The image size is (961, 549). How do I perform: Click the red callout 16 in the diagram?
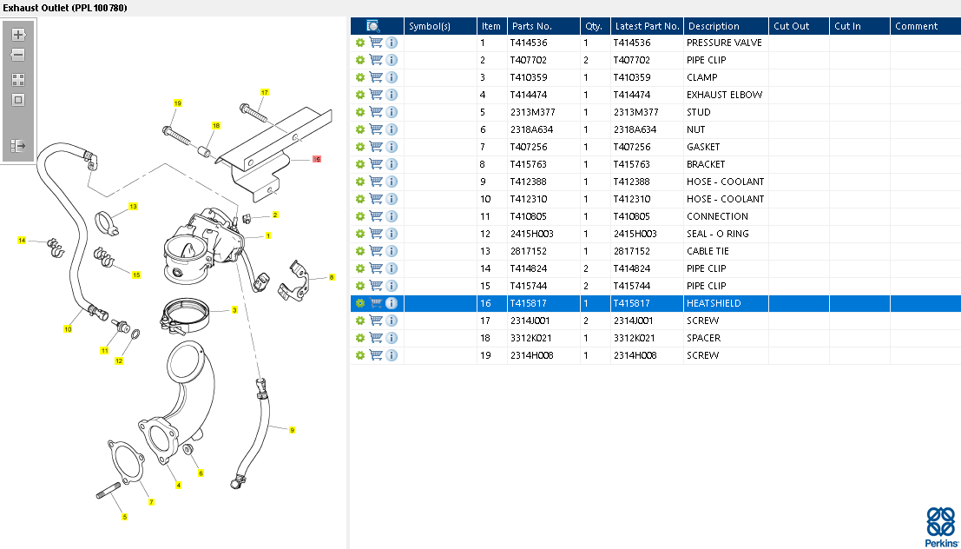317,160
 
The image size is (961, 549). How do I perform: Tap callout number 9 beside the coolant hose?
292,430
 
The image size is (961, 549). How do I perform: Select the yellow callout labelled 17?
264,92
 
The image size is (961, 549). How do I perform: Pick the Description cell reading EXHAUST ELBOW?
724,95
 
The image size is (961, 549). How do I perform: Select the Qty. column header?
594,26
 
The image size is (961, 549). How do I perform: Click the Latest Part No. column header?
646,26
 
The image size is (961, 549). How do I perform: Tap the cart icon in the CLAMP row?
376,77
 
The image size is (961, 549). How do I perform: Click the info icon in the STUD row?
392,112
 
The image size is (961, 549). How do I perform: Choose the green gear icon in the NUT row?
360,129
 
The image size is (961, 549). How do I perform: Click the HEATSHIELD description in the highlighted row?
714,303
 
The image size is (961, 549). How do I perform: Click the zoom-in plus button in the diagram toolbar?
18,36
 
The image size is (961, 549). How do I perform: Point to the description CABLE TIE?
708,251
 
